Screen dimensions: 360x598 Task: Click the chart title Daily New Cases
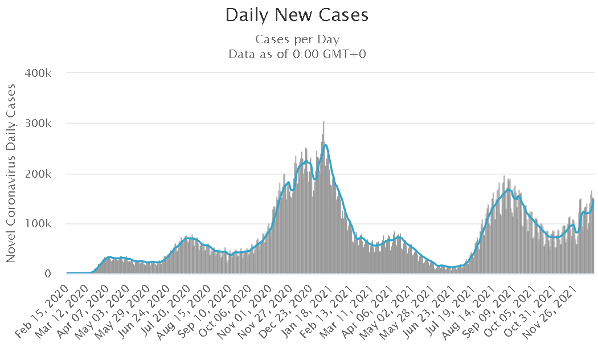pos(297,15)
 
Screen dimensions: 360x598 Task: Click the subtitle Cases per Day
pos(297,40)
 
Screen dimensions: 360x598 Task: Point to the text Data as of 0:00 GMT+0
pos(297,55)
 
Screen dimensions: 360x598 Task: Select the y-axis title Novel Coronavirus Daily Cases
pos(11,173)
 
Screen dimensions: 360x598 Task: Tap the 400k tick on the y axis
pos(38,73)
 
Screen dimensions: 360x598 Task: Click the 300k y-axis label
pos(38,124)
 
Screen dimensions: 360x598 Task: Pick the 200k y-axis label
pos(38,174)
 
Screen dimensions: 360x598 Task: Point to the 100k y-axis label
pos(38,224)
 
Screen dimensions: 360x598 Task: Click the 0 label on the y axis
pos(48,274)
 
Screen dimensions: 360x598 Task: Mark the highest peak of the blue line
pos(325,145)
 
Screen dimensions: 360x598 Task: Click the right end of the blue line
pos(593,199)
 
